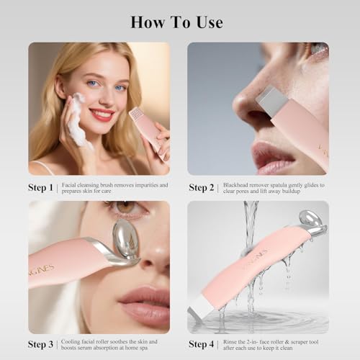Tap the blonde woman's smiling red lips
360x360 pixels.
coord(102,114)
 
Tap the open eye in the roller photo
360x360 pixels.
coord(127,209)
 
